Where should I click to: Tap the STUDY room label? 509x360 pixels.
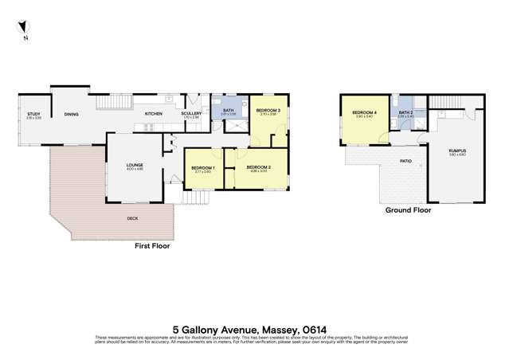(x=33, y=115)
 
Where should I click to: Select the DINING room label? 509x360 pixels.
(x=72, y=114)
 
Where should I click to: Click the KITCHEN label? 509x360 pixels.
(x=153, y=114)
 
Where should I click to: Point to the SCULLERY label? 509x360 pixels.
(x=191, y=114)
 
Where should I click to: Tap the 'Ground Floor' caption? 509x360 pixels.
(x=408, y=211)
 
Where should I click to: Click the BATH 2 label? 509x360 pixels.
(x=405, y=113)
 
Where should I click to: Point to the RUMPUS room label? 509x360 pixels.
(x=456, y=151)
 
